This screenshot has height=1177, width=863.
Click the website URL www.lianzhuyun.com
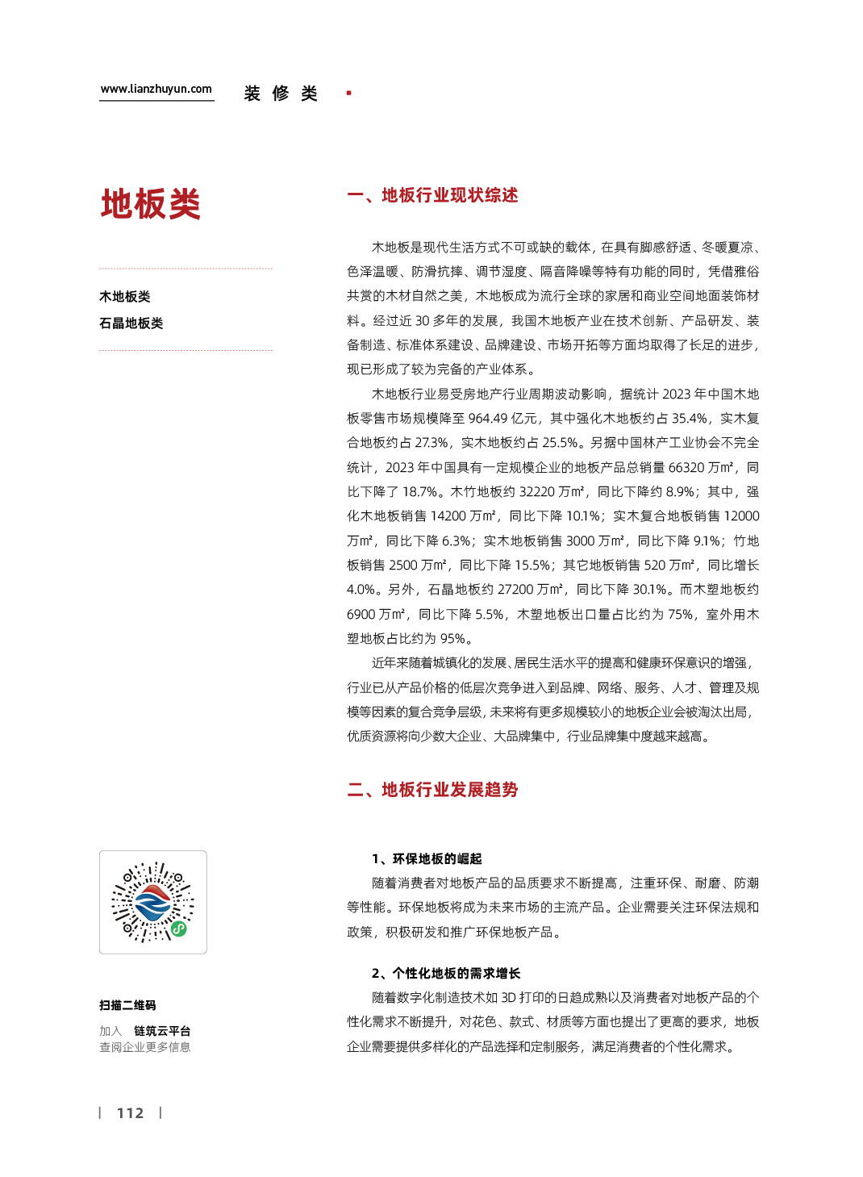click(x=156, y=89)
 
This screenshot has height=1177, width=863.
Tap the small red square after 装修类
click(x=348, y=94)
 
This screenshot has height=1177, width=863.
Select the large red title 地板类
click(x=150, y=204)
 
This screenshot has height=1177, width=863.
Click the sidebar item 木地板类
click(x=125, y=297)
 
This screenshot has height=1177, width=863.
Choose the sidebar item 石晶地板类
click(x=131, y=323)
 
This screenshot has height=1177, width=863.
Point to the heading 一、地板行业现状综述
click(x=432, y=195)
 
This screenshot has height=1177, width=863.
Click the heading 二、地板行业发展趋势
click(x=432, y=790)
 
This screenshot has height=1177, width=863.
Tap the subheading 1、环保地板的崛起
click(x=427, y=858)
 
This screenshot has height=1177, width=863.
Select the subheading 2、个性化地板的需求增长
click(x=446, y=973)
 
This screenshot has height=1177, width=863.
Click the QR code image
click(x=153, y=902)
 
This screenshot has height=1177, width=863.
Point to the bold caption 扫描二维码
click(x=127, y=1005)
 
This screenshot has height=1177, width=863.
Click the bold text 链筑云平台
click(x=162, y=1031)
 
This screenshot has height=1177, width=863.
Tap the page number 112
click(x=130, y=1113)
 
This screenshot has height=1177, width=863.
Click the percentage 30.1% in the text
click(x=649, y=590)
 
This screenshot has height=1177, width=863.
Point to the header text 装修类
click(x=281, y=94)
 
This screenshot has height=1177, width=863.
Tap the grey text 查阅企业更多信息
click(x=145, y=1047)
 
